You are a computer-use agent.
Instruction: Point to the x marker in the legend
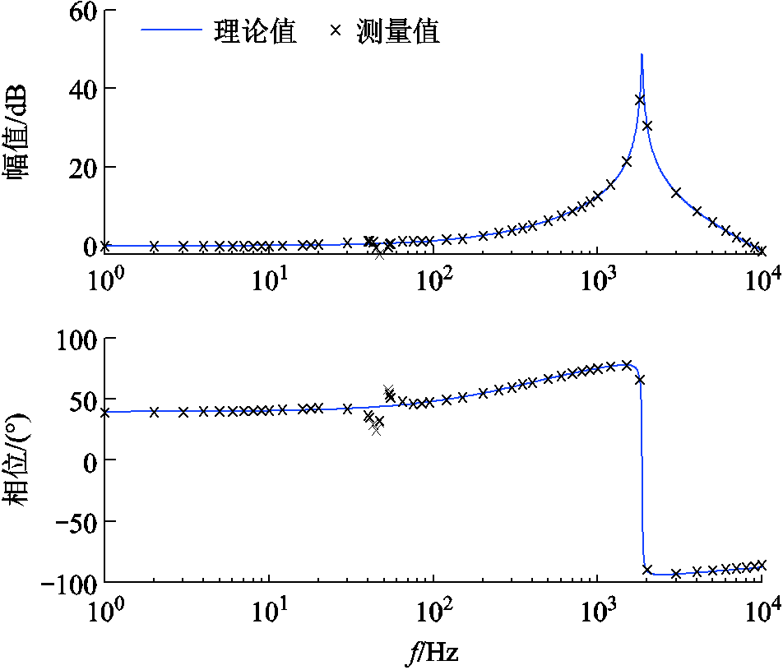click(x=335, y=31)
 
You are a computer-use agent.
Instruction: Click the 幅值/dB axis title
click(x=20, y=132)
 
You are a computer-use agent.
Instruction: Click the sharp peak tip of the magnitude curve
click(x=642, y=55)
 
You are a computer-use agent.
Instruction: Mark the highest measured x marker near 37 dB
click(x=639, y=100)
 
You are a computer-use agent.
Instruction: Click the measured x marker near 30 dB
click(x=647, y=126)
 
